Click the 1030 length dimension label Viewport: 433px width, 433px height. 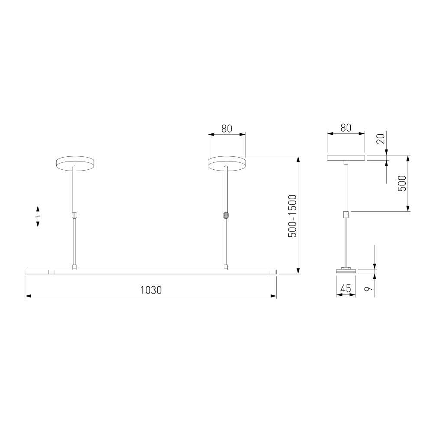pos(151,290)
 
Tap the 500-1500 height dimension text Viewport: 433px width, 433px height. pos(292,216)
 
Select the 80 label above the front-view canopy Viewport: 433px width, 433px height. pos(227,129)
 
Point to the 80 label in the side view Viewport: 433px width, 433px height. pos(346,128)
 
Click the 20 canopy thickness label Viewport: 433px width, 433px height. pos(381,139)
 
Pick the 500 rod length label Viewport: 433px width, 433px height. pos(402,183)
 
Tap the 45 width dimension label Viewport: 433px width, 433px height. pos(346,288)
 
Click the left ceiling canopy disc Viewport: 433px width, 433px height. pos(75,164)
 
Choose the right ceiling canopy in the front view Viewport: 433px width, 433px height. pos(226,164)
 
